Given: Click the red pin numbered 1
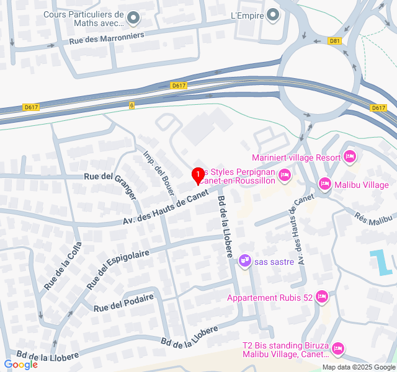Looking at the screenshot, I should tap(198, 175).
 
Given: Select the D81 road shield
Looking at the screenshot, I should tap(336, 41).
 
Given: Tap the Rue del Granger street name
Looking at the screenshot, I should tap(125, 187).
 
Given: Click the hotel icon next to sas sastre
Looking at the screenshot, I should tap(245, 260).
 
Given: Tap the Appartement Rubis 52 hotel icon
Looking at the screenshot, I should tap(321, 298).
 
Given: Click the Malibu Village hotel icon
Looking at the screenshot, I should tap(324, 184).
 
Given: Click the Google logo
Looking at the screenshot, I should tap(20, 365).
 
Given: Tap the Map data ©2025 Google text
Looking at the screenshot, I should tap(358, 367).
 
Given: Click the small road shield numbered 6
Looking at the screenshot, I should tap(132, 105).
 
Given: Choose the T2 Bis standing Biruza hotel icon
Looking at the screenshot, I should tap(338, 349).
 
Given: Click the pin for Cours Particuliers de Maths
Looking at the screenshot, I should tap(133, 20).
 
